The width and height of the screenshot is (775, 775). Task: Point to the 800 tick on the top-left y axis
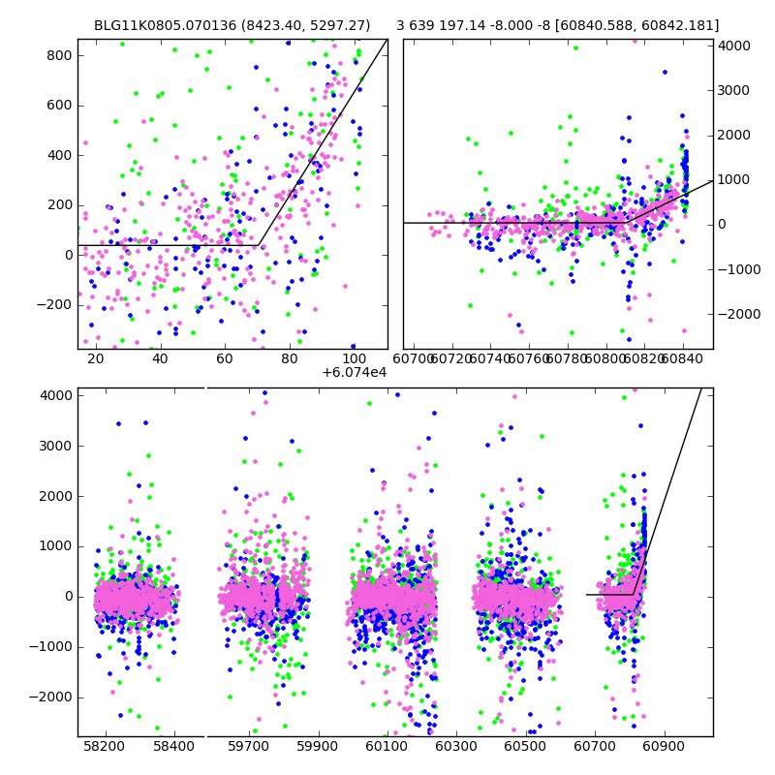(x=60, y=55)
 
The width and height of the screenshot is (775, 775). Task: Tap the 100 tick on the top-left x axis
(x=355, y=358)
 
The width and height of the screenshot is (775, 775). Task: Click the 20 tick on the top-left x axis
(x=95, y=358)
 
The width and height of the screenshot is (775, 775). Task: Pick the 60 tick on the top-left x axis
(x=225, y=358)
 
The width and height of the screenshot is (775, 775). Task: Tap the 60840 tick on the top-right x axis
(x=683, y=358)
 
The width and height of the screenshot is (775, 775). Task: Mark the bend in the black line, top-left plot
(x=258, y=245)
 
